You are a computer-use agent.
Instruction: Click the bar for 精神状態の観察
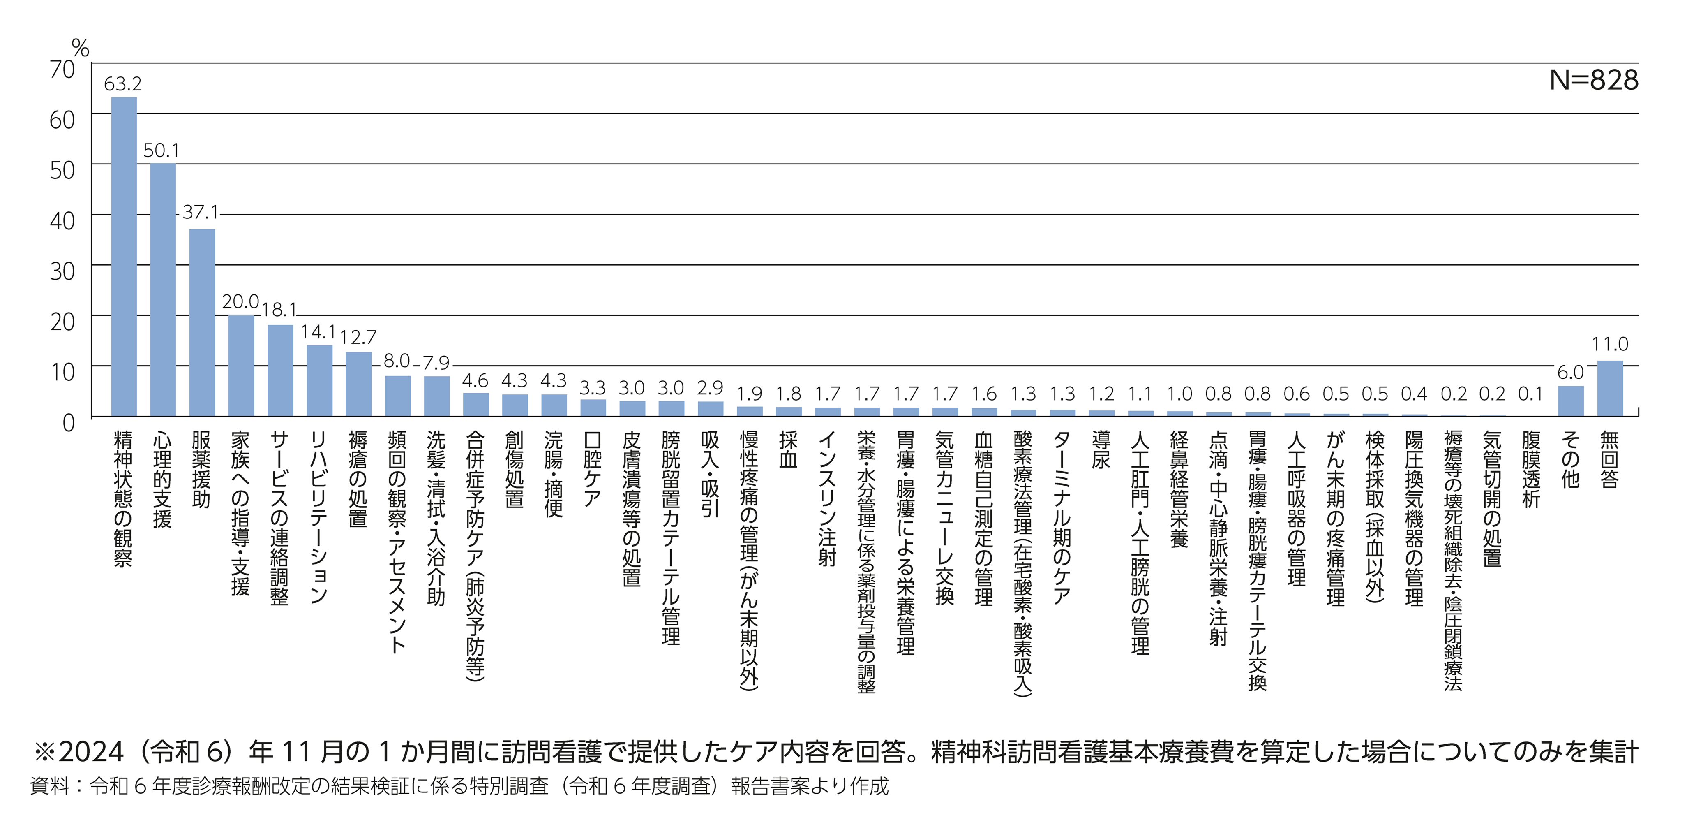124,257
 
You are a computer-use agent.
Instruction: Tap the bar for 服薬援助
202,322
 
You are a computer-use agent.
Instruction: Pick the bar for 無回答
1610,389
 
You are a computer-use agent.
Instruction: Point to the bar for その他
1570,401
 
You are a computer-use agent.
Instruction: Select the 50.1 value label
161,151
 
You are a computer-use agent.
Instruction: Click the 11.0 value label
1610,344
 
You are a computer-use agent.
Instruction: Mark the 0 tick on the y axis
68,423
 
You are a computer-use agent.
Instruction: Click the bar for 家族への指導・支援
241,366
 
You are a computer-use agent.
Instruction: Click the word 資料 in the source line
49,786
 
